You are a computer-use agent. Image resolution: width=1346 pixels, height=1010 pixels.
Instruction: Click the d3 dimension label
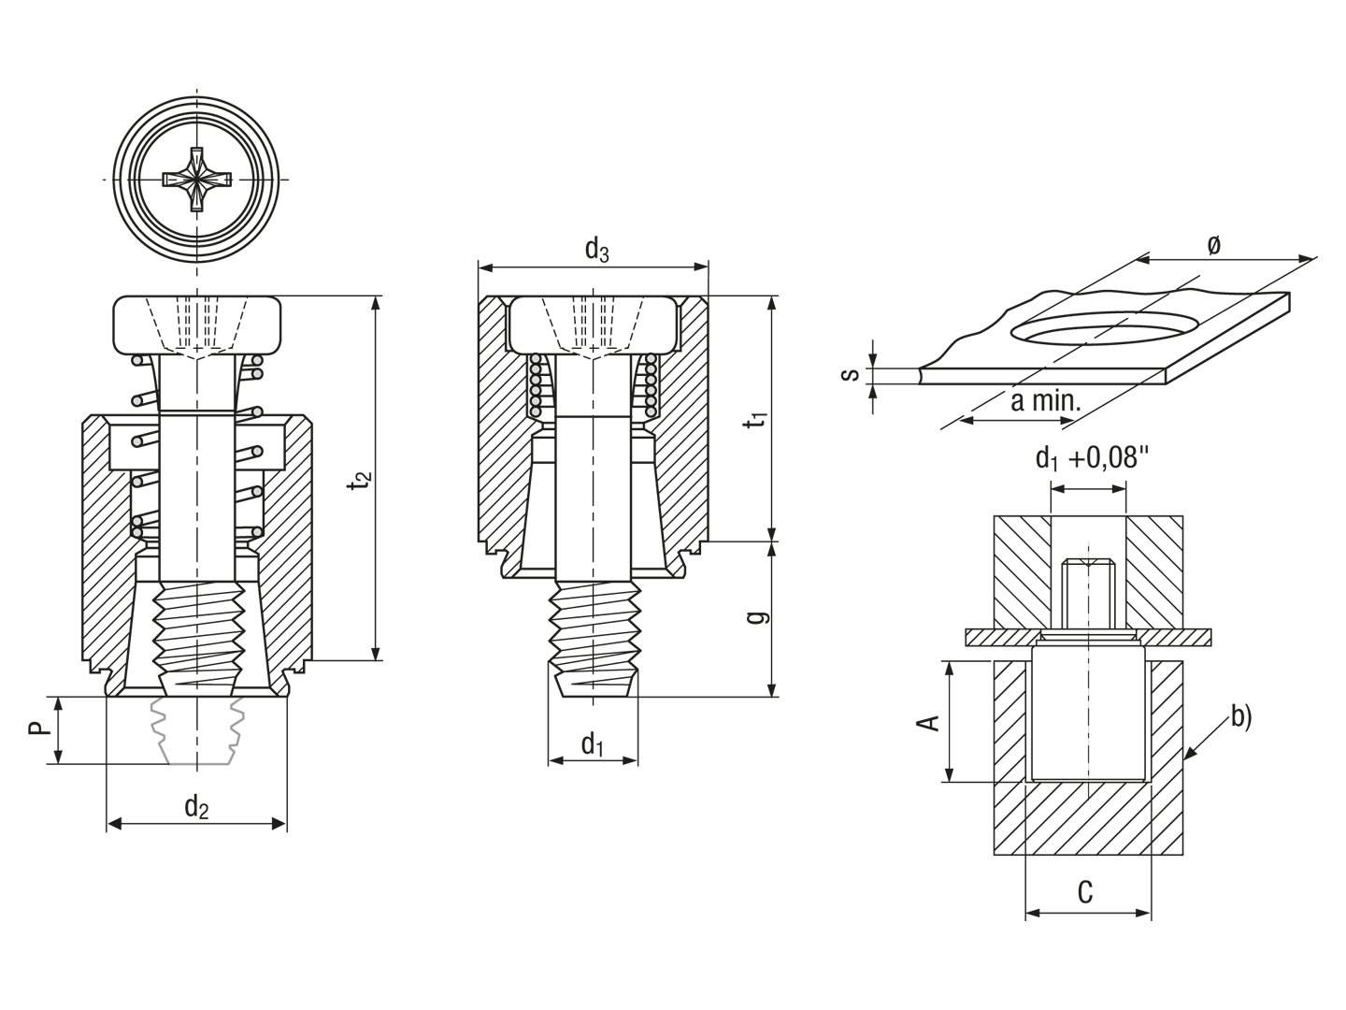click(x=596, y=250)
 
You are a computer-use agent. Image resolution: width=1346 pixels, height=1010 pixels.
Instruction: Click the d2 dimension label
click(x=196, y=807)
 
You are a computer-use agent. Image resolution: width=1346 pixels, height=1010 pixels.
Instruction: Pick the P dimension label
click(x=38, y=728)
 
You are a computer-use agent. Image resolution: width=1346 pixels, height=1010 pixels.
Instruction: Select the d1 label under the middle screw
click(x=593, y=745)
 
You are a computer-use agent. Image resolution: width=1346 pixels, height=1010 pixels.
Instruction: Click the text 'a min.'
click(x=1046, y=401)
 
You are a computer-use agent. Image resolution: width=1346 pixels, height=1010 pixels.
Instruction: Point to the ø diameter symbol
click(x=1213, y=245)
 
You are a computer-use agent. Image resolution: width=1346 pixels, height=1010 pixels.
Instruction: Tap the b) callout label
click(x=1241, y=717)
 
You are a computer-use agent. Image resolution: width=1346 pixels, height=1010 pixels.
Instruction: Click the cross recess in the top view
click(x=197, y=179)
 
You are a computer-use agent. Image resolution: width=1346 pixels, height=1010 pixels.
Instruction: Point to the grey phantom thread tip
click(x=197, y=730)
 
